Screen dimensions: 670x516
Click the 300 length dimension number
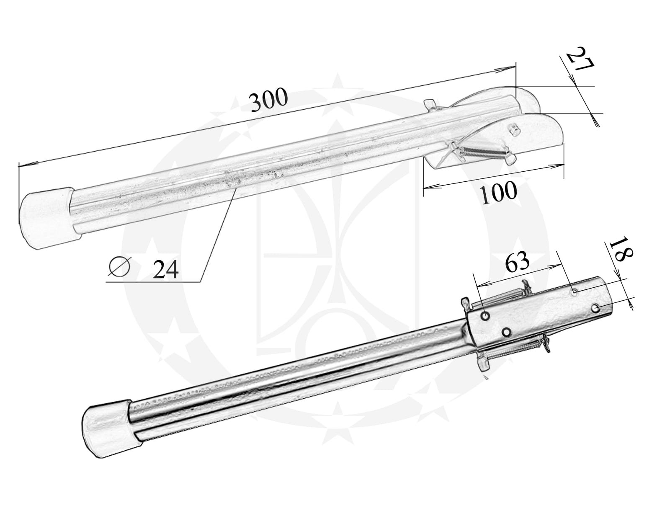click(269, 100)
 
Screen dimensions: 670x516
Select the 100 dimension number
click(498, 193)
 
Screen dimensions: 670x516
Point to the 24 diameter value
click(165, 269)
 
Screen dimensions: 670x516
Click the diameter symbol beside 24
click(119, 266)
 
